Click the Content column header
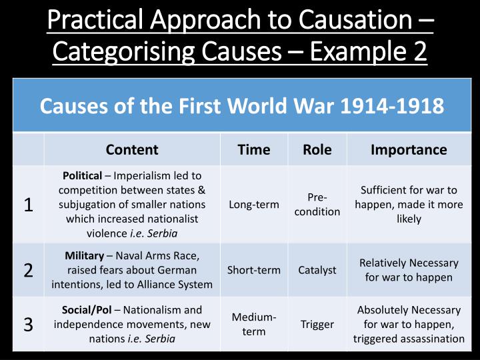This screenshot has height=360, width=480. tap(132, 149)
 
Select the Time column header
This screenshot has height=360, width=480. tap(254, 149)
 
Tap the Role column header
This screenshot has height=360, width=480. tap(317, 149)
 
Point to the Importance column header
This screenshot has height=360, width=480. tap(409, 149)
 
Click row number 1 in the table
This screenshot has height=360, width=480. tap(29, 204)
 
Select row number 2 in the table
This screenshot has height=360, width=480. tap(29, 270)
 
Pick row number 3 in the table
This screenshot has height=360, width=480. tap(29, 324)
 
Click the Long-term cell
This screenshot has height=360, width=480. tap(253, 205)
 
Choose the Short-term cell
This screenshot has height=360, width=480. tap(253, 270)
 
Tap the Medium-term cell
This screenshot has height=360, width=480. tap(253, 324)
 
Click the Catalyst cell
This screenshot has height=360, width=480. tap(318, 270)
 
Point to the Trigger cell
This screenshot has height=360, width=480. tap(317, 324)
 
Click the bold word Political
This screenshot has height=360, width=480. tap(82, 176)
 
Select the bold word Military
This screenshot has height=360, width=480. tap(84, 255)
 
